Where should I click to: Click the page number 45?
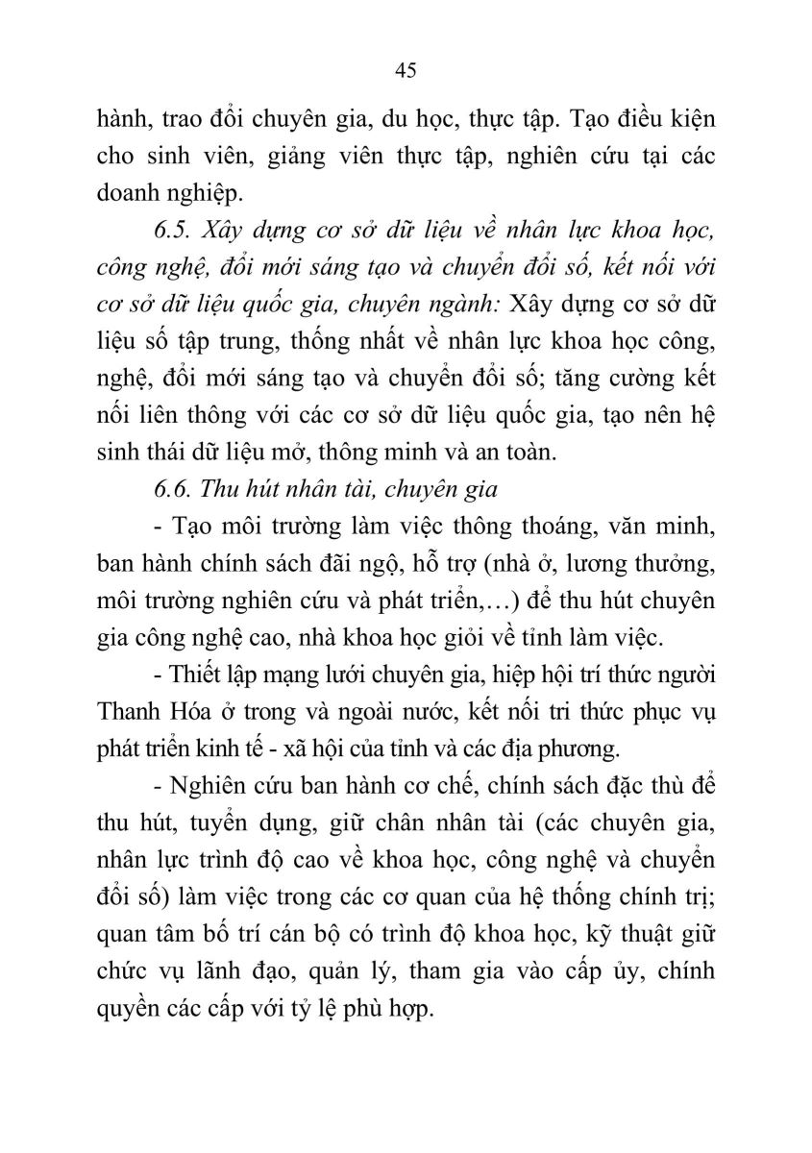405,70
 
